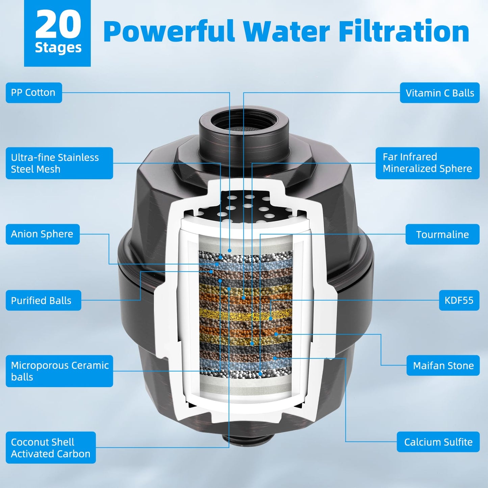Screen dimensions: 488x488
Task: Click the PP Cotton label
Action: pos(34,93)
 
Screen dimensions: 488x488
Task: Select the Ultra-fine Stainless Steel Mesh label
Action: pos(59,163)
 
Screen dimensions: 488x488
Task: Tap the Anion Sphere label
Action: pos(43,234)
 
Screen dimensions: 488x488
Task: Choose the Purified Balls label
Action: pos(43,300)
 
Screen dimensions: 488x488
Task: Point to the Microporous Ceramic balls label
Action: pos(59,371)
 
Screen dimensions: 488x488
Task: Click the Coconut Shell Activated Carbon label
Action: pos(51,448)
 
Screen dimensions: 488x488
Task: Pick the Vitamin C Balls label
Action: pos(440,93)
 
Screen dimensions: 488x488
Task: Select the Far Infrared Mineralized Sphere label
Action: pos(428,163)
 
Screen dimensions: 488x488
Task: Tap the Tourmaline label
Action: pos(442,234)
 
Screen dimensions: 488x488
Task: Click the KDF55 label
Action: pos(459,300)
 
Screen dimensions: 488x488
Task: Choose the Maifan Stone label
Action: pos(443,365)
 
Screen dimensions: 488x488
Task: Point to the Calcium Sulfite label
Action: pos(438,442)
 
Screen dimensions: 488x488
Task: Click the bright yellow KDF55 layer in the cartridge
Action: pos(246,315)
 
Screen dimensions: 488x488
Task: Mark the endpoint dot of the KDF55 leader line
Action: pos(271,318)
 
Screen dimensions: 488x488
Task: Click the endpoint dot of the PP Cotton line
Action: pos(229,251)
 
